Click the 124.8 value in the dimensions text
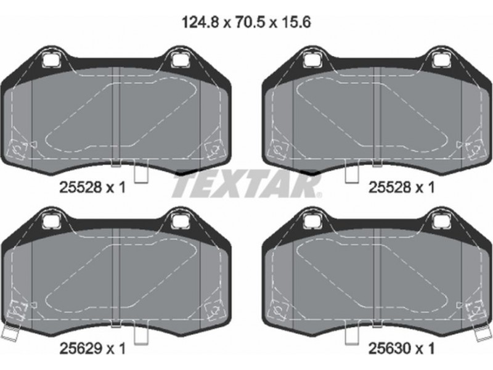point(200,22)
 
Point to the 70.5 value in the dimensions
point(250,22)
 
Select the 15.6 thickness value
point(295,22)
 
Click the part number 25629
point(81,348)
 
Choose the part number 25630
point(389,348)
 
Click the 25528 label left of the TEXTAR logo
point(81,188)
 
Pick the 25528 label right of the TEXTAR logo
point(389,188)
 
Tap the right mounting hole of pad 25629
point(179,220)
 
